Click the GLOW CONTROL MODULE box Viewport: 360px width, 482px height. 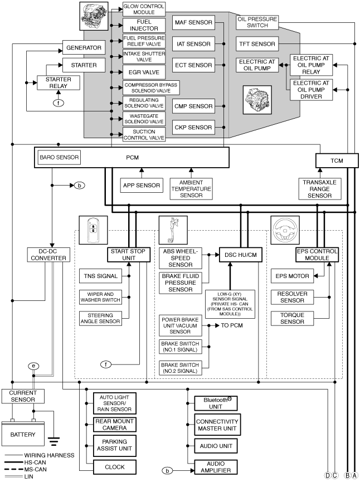point(144,9)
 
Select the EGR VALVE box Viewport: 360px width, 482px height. point(144,72)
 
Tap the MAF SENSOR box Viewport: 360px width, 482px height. point(193,22)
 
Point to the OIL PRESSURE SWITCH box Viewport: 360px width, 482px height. point(257,22)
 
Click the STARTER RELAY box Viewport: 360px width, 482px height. point(59,82)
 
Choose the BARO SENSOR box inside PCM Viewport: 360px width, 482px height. point(59,157)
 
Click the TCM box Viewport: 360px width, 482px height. point(337,160)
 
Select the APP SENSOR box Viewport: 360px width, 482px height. point(142,186)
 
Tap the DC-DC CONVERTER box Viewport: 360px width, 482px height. point(48,255)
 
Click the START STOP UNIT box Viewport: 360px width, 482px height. point(129,255)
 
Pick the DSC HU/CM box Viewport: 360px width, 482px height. point(241,255)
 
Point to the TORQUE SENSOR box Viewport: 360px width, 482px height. point(292,319)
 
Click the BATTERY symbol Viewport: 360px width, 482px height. point(23,434)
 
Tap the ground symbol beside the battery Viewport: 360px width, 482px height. point(54,441)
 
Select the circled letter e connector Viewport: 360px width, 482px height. point(33,366)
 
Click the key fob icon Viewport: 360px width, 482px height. point(94,230)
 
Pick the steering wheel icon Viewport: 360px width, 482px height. point(285,230)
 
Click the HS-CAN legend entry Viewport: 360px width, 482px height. point(25,462)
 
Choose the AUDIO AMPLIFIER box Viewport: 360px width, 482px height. point(216,467)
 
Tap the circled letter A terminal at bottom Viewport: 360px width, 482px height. point(355,475)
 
